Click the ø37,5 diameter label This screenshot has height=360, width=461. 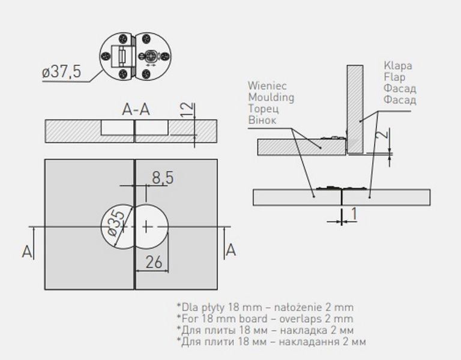[61, 72]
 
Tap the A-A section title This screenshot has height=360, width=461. [136, 110]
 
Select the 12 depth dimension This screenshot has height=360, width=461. [187, 110]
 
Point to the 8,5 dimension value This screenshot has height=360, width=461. [163, 178]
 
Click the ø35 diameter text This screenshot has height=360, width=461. [116, 223]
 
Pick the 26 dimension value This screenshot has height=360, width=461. [154, 262]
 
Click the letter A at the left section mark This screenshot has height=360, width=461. [27, 251]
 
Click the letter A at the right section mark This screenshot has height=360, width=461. [230, 250]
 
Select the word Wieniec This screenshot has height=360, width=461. [267, 86]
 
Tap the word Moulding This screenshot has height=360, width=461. [271, 97]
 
